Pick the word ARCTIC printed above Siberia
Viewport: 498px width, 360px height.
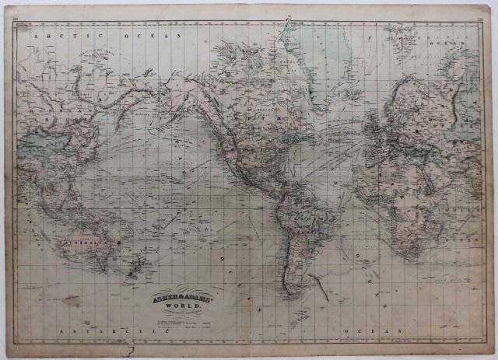pyautogui.click(x=47, y=35)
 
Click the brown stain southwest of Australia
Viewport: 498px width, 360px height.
pyautogui.click(x=72, y=299)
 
